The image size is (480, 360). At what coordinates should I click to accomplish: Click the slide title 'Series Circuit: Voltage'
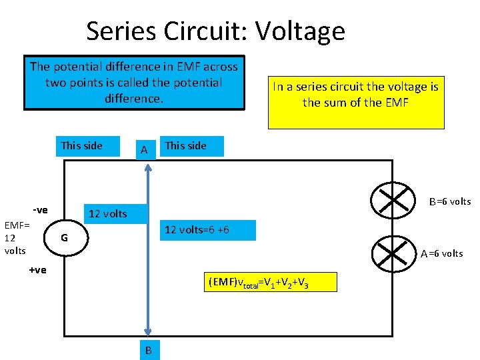point(215,31)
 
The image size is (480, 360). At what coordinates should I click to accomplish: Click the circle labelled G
point(64,237)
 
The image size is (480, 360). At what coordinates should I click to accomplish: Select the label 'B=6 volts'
point(449,201)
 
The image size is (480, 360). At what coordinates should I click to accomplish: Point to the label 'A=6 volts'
point(441,253)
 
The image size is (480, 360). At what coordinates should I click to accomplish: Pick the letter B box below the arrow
point(148,350)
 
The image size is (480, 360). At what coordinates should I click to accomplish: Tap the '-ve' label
point(40,210)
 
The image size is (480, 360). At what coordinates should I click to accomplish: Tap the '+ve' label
point(37,269)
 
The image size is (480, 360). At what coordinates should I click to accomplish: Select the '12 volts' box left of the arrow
point(107,213)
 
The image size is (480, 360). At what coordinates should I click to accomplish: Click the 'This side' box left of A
point(81,145)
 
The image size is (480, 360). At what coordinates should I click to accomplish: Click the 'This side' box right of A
point(186,145)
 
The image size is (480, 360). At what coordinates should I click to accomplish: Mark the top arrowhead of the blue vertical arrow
point(148,167)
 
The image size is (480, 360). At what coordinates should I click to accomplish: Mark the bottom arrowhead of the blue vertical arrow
point(148,332)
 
